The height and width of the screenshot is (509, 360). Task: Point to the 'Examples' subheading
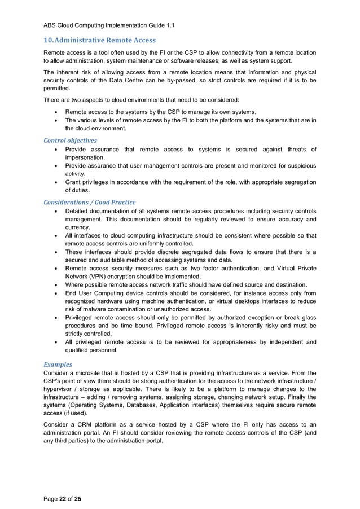tap(58, 365)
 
